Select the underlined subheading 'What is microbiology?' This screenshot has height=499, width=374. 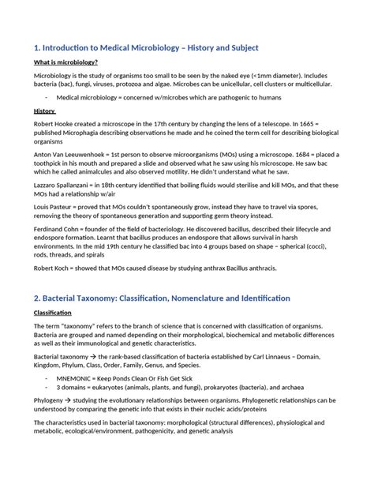point(65,62)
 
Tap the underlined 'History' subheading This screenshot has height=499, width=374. point(43,112)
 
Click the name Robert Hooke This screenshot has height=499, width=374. point(54,125)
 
